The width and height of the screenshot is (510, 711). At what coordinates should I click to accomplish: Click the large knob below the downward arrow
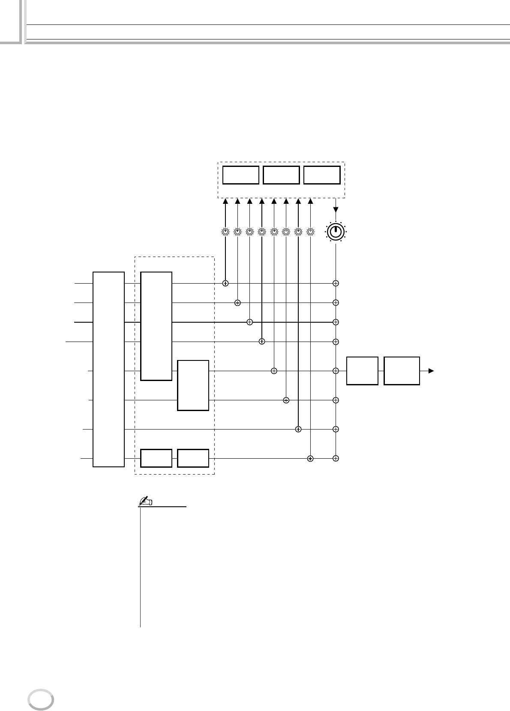click(336, 232)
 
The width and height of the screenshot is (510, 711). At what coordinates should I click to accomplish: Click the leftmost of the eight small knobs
click(225, 232)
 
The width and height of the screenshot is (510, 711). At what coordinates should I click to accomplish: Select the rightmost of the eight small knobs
click(310, 232)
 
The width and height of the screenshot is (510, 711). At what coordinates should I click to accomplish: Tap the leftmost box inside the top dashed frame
click(241, 175)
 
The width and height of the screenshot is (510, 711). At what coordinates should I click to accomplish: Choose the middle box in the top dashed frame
click(281, 175)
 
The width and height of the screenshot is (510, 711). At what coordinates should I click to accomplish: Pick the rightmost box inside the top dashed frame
click(322, 175)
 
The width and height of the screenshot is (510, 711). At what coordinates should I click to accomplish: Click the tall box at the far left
click(109, 369)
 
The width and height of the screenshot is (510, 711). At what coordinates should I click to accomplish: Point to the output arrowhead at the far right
click(431, 371)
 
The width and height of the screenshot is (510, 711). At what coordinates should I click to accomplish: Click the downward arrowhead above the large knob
click(336, 210)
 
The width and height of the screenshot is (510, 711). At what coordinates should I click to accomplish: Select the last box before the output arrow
click(402, 371)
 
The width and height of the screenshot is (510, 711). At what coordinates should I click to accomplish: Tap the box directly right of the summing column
click(362, 371)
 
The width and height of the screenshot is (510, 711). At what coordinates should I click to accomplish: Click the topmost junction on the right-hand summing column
click(336, 283)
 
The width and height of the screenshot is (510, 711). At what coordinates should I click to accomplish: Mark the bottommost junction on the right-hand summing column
click(336, 458)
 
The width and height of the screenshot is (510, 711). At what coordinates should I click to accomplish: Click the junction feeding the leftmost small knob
click(225, 283)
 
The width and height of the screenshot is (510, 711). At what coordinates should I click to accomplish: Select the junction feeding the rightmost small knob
click(310, 458)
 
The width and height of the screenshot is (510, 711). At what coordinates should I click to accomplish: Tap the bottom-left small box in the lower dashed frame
click(156, 458)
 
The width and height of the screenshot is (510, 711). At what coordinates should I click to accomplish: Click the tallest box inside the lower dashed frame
click(156, 326)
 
